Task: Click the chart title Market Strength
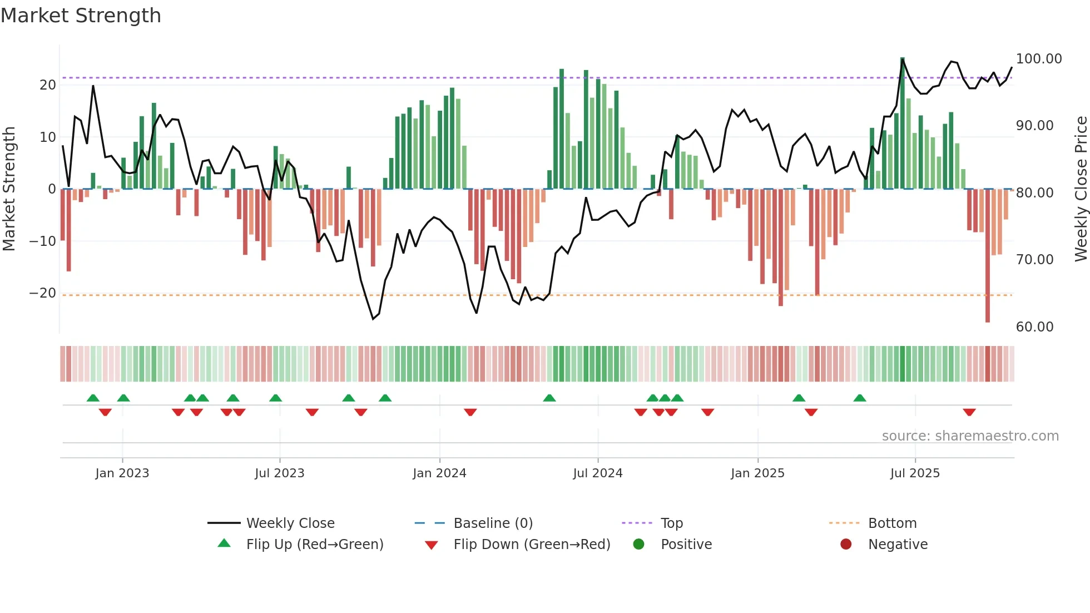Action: tap(81, 16)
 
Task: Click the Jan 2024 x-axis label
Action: tap(439, 473)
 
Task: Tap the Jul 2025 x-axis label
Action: tap(915, 473)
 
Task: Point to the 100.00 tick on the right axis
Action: tap(1038, 59)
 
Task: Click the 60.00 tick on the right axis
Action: tap(1034, 327)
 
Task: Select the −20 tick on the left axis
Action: tap(43, 293)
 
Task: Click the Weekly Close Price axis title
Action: tap(1081, 189)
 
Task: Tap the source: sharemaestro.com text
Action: tap(970, 436)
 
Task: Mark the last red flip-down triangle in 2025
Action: tap(969, 412)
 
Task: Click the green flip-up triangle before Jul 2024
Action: tap(549, 398)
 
